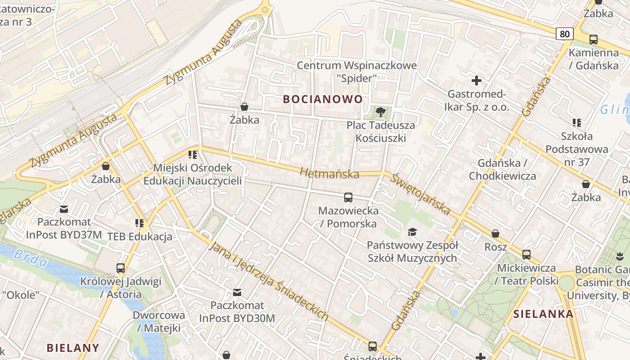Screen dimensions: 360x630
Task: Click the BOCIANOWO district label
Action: point(323,99)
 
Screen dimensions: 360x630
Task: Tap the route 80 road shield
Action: point(565,33)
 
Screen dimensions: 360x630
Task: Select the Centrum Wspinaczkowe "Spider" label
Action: point(356,72)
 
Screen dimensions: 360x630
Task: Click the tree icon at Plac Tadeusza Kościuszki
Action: point(381,112)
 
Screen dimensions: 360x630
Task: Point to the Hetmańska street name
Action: point(329,173)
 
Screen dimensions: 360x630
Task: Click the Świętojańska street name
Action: point(420,194)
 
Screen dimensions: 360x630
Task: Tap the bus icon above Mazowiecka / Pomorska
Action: point(348,197)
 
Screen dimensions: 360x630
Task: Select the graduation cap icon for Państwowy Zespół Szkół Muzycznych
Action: point(412,232)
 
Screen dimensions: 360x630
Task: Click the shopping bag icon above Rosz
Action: point(495,234)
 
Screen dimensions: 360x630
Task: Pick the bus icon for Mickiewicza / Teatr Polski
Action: point(526,254)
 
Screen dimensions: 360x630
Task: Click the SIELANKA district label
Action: point(544,314)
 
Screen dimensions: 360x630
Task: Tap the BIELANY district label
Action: point(73,347)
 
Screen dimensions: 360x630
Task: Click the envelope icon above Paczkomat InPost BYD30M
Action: point(237,292)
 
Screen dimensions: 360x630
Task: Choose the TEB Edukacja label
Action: point(139,237)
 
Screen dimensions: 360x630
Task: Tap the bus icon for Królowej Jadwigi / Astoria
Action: point(121,268)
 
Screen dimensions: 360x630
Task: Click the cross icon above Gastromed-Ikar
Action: point(476,81)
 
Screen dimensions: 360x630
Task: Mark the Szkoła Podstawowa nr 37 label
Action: point(576,148)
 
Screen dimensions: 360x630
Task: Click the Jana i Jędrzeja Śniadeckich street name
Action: point(269,282)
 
